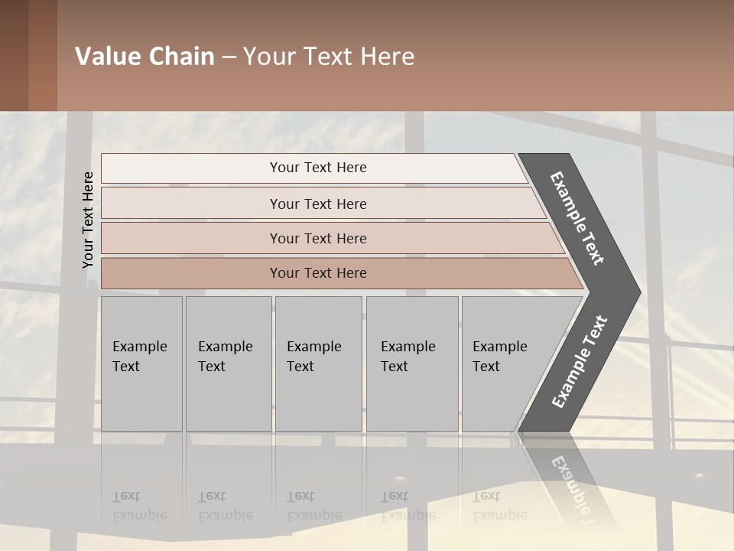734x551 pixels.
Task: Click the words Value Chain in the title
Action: pyautogui.click(x=145, y=57)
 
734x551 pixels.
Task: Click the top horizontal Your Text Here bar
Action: pyautogui.click(x=318, y=168)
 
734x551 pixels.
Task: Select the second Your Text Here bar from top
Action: pyautogui.click(x=318, y=204)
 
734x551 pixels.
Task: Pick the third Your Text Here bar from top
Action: pyautogui.click(x=318, y=238)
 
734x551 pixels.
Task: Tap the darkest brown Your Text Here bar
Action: pyautogui.click(x=318, y=273)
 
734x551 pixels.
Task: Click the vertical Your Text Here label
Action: pyautogui.click(x=88, y=220)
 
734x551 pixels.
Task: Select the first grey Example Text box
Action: pyautogui.click(x=141, y=364)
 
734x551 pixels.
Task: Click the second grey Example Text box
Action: pyautogui.click(x=228, y=364)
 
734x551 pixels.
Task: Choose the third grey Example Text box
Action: pyautogui.click(x=318, y=364)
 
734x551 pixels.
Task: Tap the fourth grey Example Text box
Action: pyautogui.click(x=412, y=364)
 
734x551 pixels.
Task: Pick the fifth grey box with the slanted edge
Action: pyautogui.click(x=505, y=364)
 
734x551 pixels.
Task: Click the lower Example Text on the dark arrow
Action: pyautogui.click(x=579, y=362)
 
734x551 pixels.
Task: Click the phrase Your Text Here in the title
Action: pyautogui.click(x=329, y=57)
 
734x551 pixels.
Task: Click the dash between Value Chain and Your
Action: pyautogui.click(x=229, y=57)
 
